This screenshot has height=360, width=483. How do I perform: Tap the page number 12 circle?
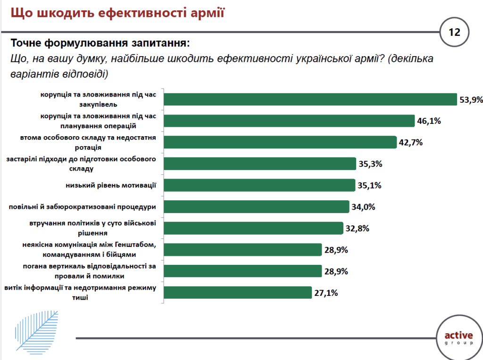click(x=454, y=32)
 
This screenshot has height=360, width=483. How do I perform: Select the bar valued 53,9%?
click(x=310, y=99)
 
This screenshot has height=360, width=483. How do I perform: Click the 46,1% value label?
click(x=429, y=121)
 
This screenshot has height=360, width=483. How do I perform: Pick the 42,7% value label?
click(x=410, y=142)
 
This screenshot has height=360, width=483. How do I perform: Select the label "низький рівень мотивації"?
click(x=111, y=185)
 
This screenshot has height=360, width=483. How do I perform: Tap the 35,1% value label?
click(x=369, y=185)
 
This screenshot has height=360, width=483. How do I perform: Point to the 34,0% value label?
click(x=363, y=206)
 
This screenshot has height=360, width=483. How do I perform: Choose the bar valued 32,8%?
click(x=253, y=228)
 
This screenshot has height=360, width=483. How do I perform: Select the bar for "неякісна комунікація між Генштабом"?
click(x=242, y=250)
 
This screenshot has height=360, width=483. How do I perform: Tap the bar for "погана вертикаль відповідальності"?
click(x=242, y=271)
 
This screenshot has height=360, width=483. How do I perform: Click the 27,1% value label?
click(x=325, y=293)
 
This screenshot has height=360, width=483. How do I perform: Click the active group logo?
click(x=458, y=338)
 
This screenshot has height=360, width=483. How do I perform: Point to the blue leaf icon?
click(x=35, y=330)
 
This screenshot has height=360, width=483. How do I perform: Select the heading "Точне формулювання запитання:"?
click(x=100, y=43)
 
